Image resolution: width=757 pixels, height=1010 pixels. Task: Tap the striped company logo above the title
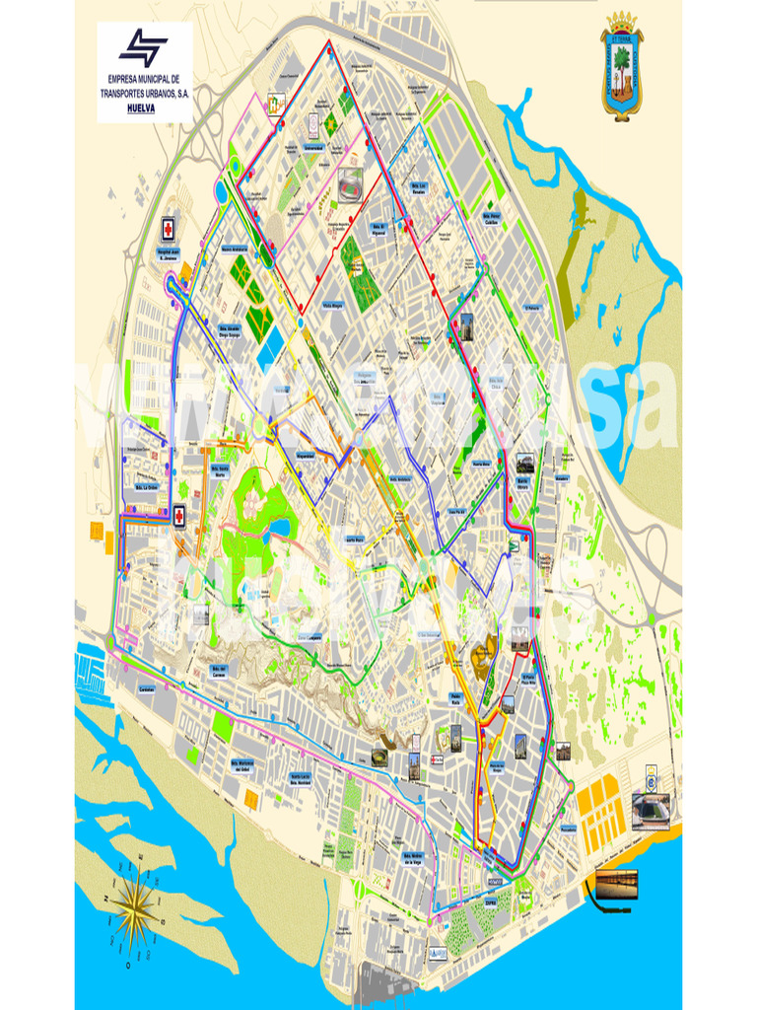144,47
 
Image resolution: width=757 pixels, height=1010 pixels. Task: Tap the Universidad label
313,149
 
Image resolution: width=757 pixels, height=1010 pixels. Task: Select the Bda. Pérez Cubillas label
492,217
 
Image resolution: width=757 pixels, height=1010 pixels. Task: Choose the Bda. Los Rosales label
420,188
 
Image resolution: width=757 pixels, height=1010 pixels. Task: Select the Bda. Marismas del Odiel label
249,765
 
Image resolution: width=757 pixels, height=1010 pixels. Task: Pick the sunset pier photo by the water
615,884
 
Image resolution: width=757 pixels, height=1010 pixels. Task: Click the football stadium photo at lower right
651,812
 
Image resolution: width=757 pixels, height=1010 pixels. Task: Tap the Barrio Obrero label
523,485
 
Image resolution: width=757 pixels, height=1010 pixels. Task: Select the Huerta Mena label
480,463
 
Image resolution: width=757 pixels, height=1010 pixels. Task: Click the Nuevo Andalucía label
235,249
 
